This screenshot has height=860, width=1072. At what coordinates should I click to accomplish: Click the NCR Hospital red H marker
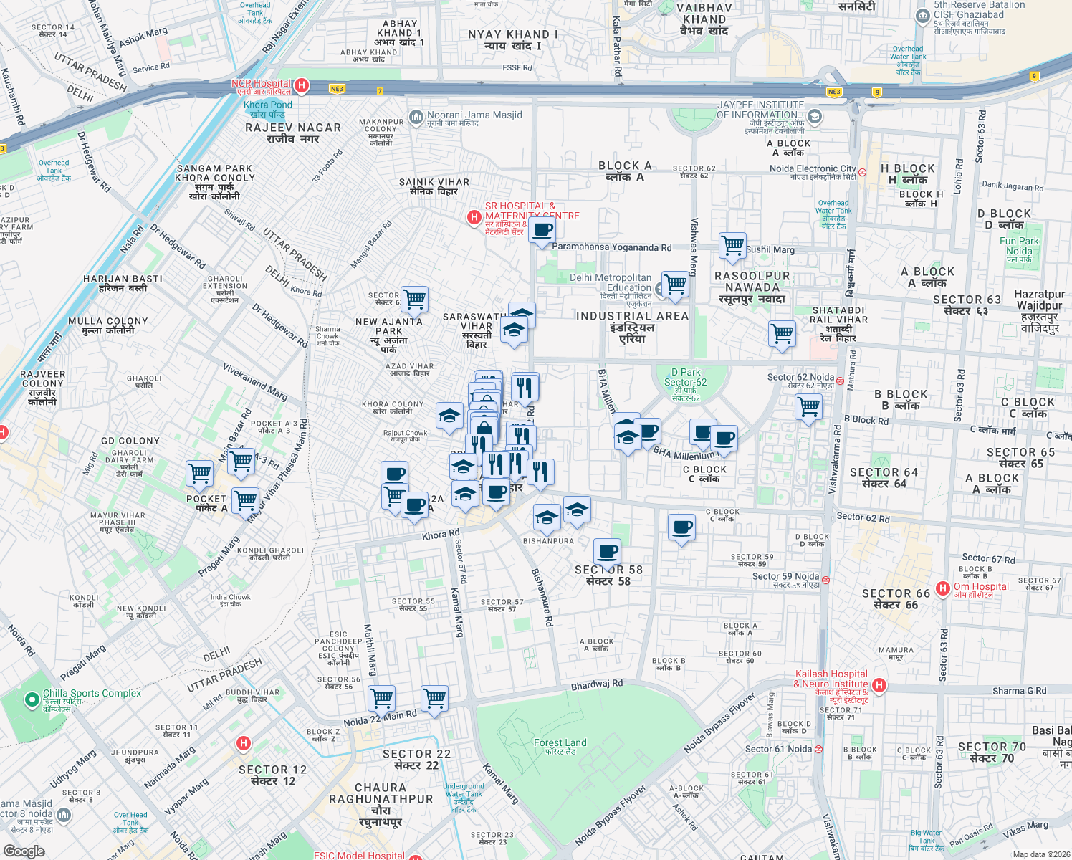point(302,86)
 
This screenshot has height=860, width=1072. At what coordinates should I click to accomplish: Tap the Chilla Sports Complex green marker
point(32,699)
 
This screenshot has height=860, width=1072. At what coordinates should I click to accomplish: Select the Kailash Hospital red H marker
point(879,685)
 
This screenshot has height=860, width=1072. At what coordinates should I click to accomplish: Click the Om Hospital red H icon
point(943,588)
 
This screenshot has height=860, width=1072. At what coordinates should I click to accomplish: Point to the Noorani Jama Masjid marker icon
point(416,117)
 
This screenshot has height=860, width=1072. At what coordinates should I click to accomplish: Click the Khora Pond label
point(268,109)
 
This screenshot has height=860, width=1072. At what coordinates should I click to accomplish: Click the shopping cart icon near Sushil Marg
point(732,245)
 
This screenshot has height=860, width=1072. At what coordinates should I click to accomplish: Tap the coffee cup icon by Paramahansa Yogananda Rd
point(542,230)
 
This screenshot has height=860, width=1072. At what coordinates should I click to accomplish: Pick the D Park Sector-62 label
point(685,384)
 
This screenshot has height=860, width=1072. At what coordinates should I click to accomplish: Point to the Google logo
point(24,851)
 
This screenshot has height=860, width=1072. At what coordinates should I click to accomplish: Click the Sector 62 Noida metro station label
point(800,380)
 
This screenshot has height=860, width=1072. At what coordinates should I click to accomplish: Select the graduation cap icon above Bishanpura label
point(547,517)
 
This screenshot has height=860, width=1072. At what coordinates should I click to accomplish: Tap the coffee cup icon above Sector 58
point(607,552)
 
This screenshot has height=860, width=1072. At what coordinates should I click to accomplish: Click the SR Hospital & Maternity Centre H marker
point(474,216)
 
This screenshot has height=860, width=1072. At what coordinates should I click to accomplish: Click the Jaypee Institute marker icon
point(814,117)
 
